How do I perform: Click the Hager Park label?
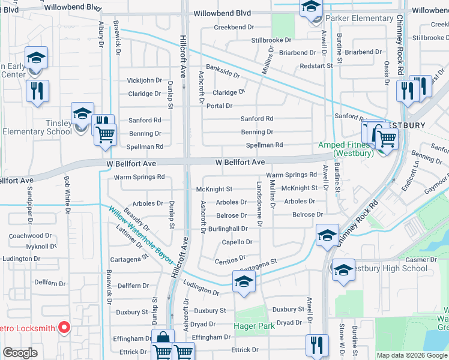[255, 326]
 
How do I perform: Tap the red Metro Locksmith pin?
[65, 328]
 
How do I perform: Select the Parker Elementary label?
[360, 19]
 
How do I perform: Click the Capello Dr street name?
[237, 242]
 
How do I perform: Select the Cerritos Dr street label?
[231, 257]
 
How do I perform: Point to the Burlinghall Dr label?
[228, 229]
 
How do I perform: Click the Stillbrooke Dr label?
[271, 40]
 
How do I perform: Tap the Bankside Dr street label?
[223, 71]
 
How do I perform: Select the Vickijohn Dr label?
[145, 80]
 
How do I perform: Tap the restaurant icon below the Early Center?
[37, 91]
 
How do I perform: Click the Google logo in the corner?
[20, 353]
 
